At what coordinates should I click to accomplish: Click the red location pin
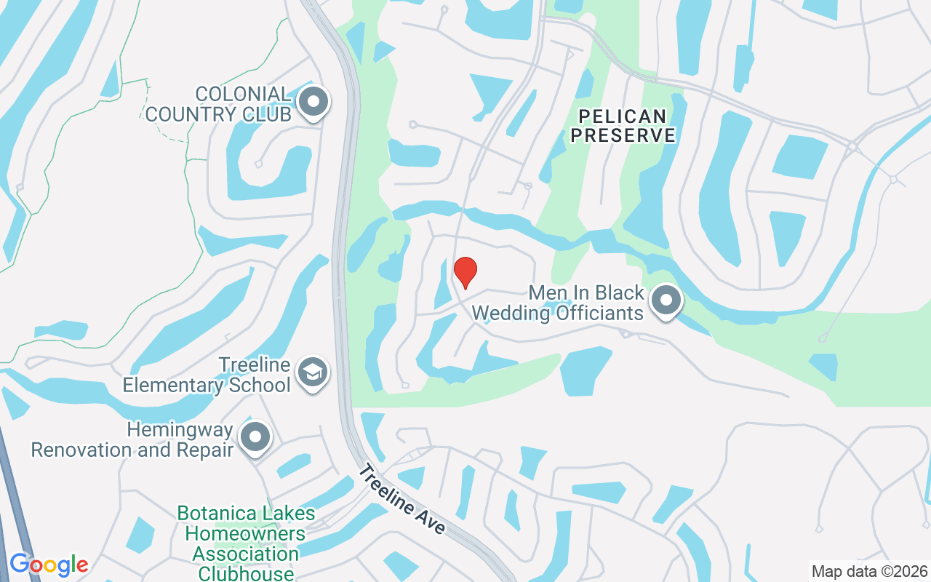465,272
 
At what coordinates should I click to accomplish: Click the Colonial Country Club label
218,104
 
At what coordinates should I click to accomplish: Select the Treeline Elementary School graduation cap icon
314,372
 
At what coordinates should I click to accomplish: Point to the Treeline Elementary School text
207,375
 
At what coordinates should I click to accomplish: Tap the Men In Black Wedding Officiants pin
666,300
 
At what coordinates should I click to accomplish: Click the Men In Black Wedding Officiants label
559,303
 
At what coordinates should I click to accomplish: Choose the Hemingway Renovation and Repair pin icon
255,437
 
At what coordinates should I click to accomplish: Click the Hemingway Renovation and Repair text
132,439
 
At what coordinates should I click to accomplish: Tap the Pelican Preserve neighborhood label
623,125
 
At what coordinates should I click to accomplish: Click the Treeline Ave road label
402,500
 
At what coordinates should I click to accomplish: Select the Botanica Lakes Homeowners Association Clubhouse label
246,543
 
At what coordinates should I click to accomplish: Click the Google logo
49,565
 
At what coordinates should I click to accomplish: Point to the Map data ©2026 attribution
869,571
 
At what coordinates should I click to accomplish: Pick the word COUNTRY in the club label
188,114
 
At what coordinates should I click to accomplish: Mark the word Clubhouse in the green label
246,573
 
